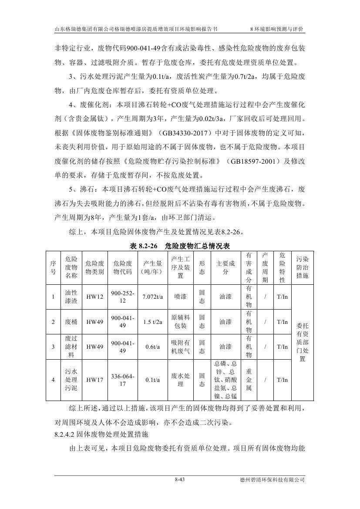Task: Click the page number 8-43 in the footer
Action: coord(180,480)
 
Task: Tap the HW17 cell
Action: coord(94,380)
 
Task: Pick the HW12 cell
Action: coord(94,297)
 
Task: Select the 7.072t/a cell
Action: coord(152,297)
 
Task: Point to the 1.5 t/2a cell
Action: coord(152,322)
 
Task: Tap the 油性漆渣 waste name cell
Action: coord(71,297)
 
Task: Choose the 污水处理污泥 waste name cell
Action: coord(71,380)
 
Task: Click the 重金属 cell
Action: coord(249,380)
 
